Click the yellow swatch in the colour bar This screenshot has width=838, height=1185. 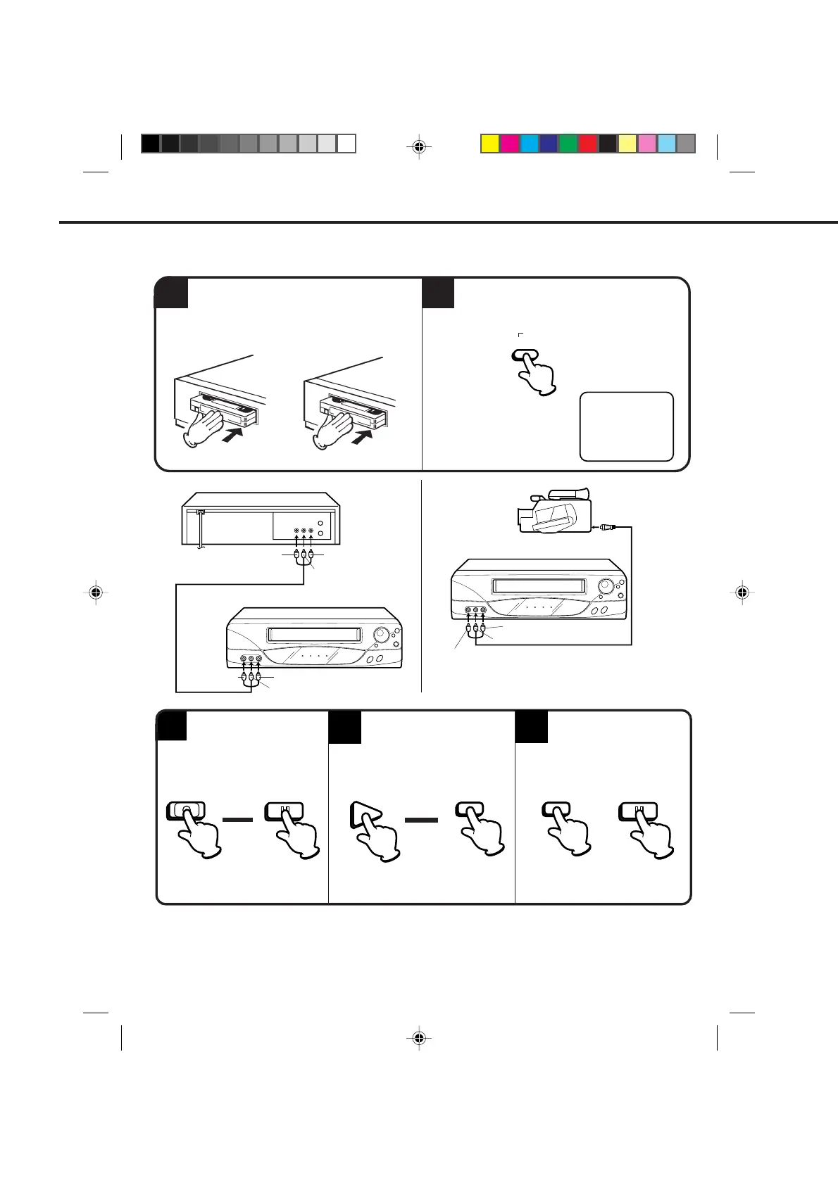coord(489,144)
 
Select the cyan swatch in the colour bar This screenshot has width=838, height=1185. coord(529,144)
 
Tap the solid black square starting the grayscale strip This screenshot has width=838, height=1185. coord(150,144)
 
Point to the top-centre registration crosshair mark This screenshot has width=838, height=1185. coord(419,146)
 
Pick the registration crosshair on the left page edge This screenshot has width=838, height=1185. coord(96,592)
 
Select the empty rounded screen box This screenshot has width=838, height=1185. coord(626,426)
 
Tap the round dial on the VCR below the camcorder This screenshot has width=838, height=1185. coord(604,585)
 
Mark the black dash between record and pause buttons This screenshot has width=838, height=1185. coord(237,820)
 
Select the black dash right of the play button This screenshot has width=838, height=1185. coord(421,820)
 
